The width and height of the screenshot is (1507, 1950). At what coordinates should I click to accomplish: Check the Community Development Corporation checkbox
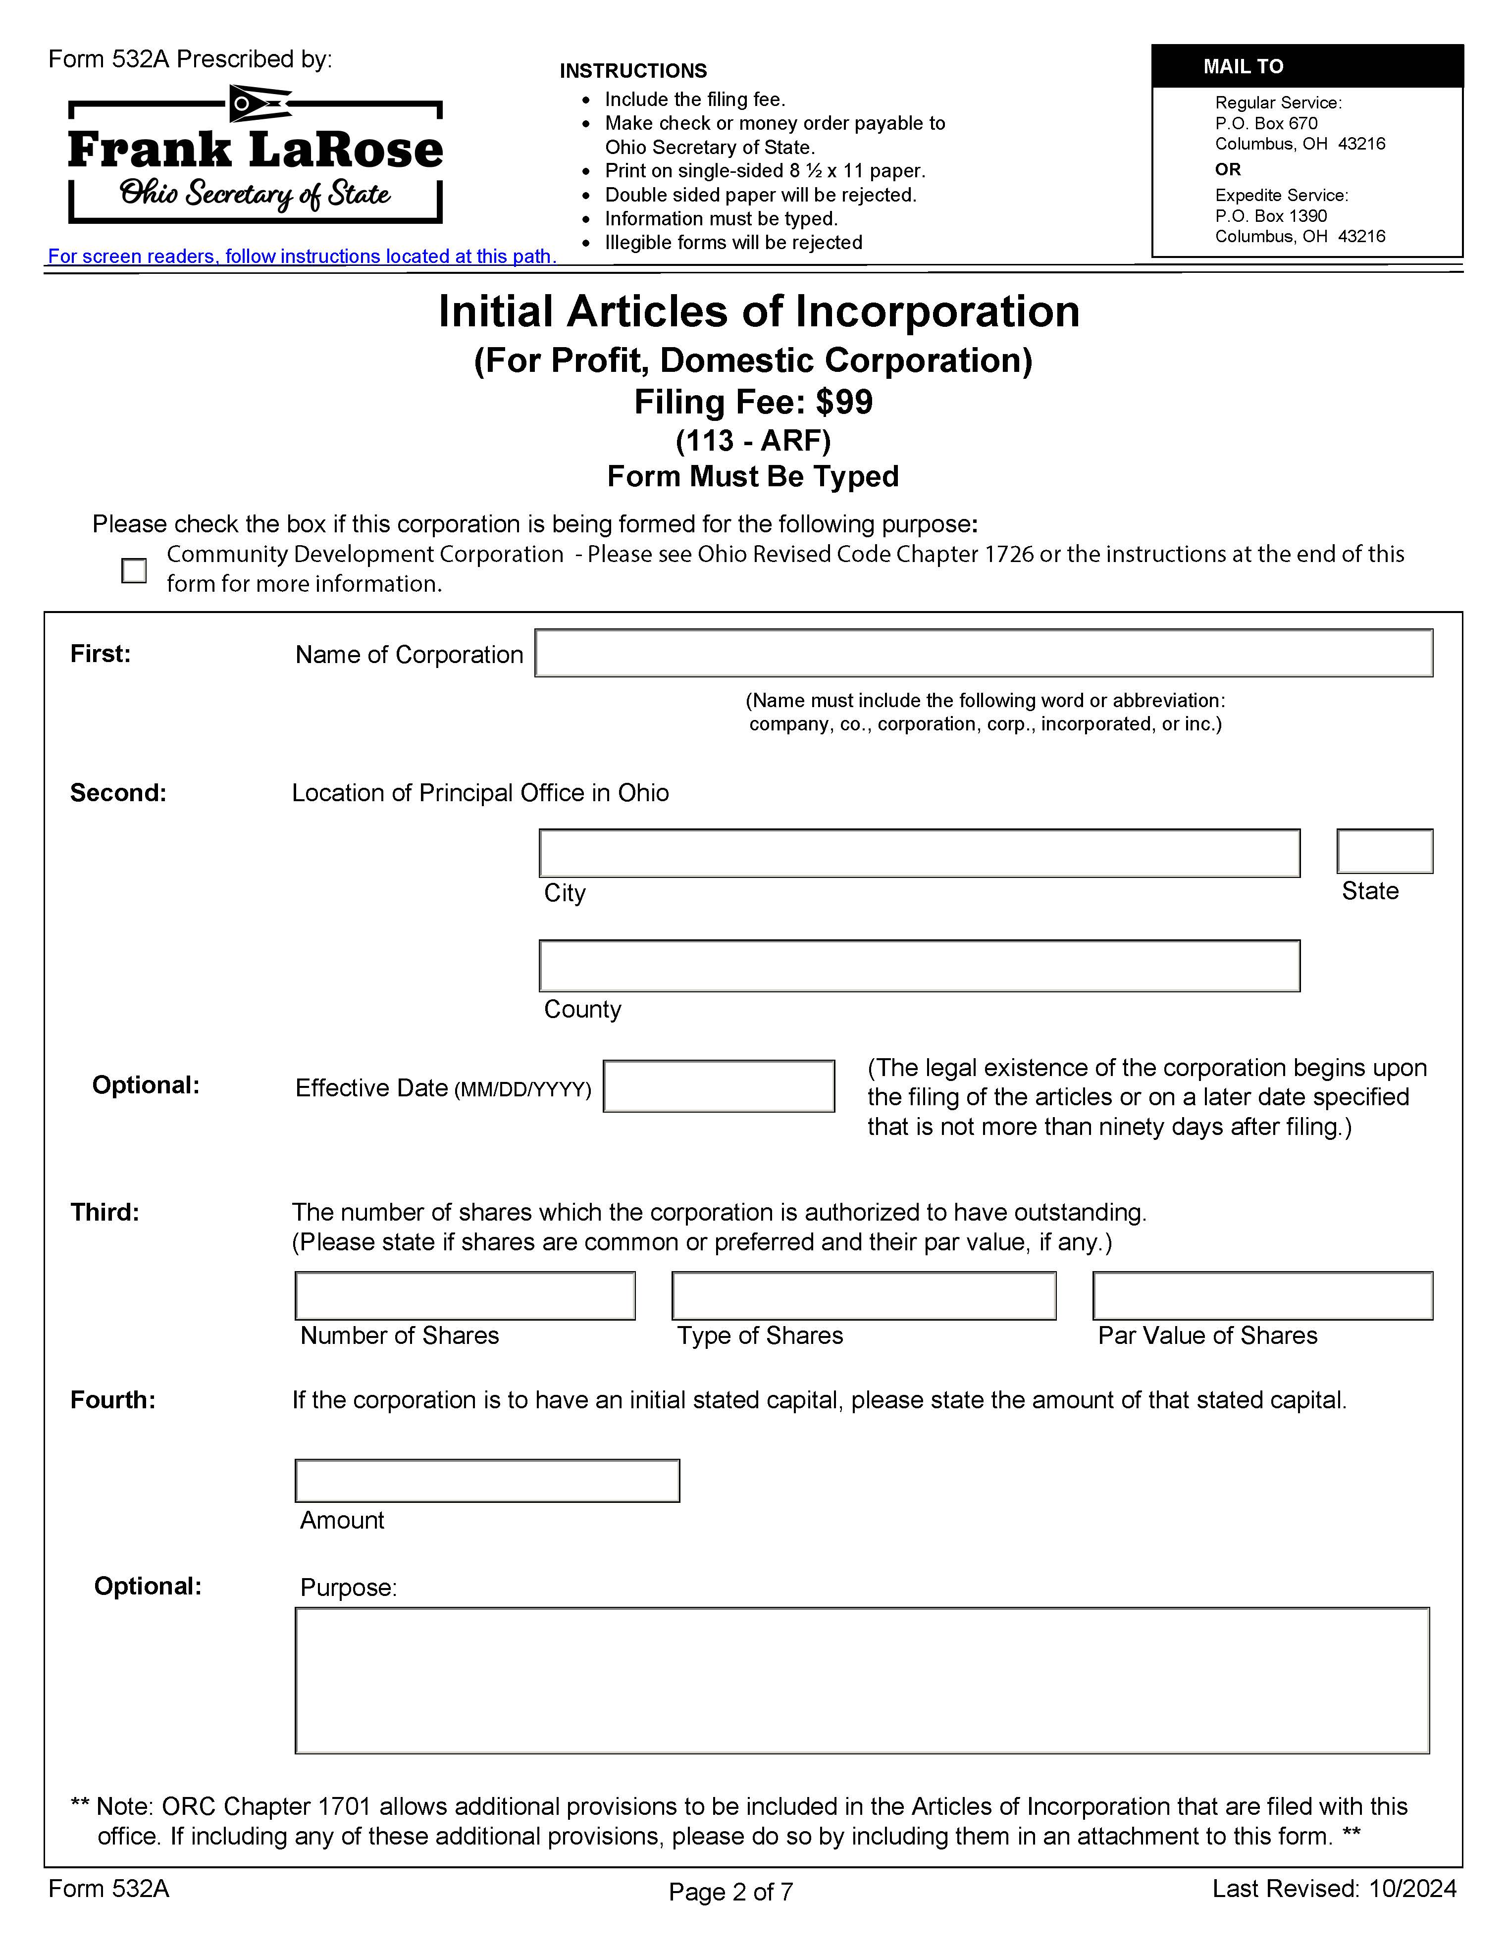pos(134,570)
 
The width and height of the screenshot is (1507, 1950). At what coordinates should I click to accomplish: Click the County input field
pos(919,966)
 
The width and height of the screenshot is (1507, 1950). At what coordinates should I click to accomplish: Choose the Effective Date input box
pos(719,1086)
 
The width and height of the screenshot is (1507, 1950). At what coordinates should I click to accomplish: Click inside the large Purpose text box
pos(862,1681)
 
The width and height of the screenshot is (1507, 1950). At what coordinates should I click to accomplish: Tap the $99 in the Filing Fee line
pos(844,403)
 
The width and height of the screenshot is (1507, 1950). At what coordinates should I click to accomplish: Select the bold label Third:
pos(104,1213)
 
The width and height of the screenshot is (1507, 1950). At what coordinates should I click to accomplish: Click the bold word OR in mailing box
pos(1228,170)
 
